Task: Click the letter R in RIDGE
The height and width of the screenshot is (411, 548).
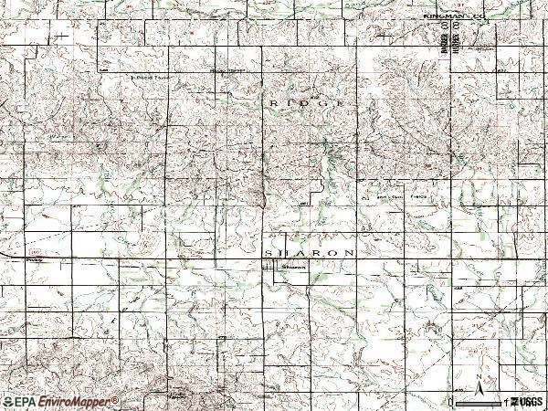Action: click(273, 105)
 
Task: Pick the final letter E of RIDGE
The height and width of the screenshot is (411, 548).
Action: click(342, 105)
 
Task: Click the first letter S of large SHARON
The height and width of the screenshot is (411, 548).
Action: click(268, 251)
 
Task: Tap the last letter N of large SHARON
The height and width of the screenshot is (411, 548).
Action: click(349, 251)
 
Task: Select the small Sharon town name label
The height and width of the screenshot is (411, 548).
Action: click(293, 268)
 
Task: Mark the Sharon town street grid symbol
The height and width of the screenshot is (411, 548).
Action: click(271, 267)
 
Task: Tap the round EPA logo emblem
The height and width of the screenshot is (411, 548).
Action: click(8, 402)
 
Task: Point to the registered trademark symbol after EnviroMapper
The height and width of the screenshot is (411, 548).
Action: click(115, 399)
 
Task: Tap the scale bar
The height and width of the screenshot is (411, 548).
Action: click(479, 401)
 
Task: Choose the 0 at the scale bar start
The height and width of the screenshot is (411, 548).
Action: click(451, 402)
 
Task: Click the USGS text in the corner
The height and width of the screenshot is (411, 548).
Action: click(531, 402)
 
